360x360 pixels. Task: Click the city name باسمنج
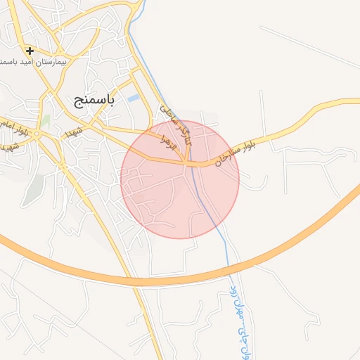94,100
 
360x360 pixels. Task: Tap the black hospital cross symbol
30,51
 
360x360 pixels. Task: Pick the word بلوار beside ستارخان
257,141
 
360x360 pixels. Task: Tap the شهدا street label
75,131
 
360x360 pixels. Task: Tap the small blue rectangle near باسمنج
132,98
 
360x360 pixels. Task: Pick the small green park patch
45,122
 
